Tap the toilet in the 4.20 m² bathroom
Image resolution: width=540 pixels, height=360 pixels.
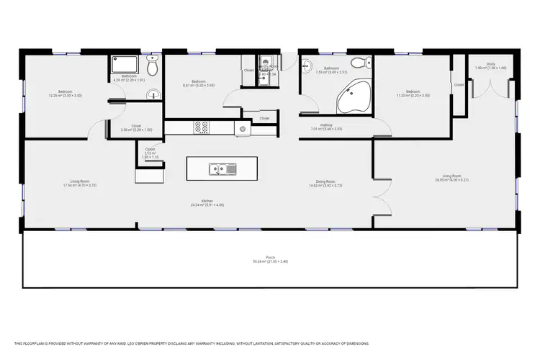coord(148,60)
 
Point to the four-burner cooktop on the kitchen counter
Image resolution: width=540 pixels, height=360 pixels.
coord(202,127)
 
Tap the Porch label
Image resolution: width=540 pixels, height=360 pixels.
coord(270,260)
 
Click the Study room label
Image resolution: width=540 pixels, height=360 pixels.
coord(490,66)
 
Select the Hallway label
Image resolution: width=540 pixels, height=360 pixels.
coord(316,127)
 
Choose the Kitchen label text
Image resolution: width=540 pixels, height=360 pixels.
coord(207,202)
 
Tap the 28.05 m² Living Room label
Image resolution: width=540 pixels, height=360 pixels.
coord(451,177)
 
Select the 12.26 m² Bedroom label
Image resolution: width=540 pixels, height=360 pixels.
coord(66,93)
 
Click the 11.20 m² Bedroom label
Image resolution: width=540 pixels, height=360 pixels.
coord(412,93)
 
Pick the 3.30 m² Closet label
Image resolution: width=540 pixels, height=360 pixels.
coord(136,128)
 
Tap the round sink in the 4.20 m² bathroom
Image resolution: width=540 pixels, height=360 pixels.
coord(151,94)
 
